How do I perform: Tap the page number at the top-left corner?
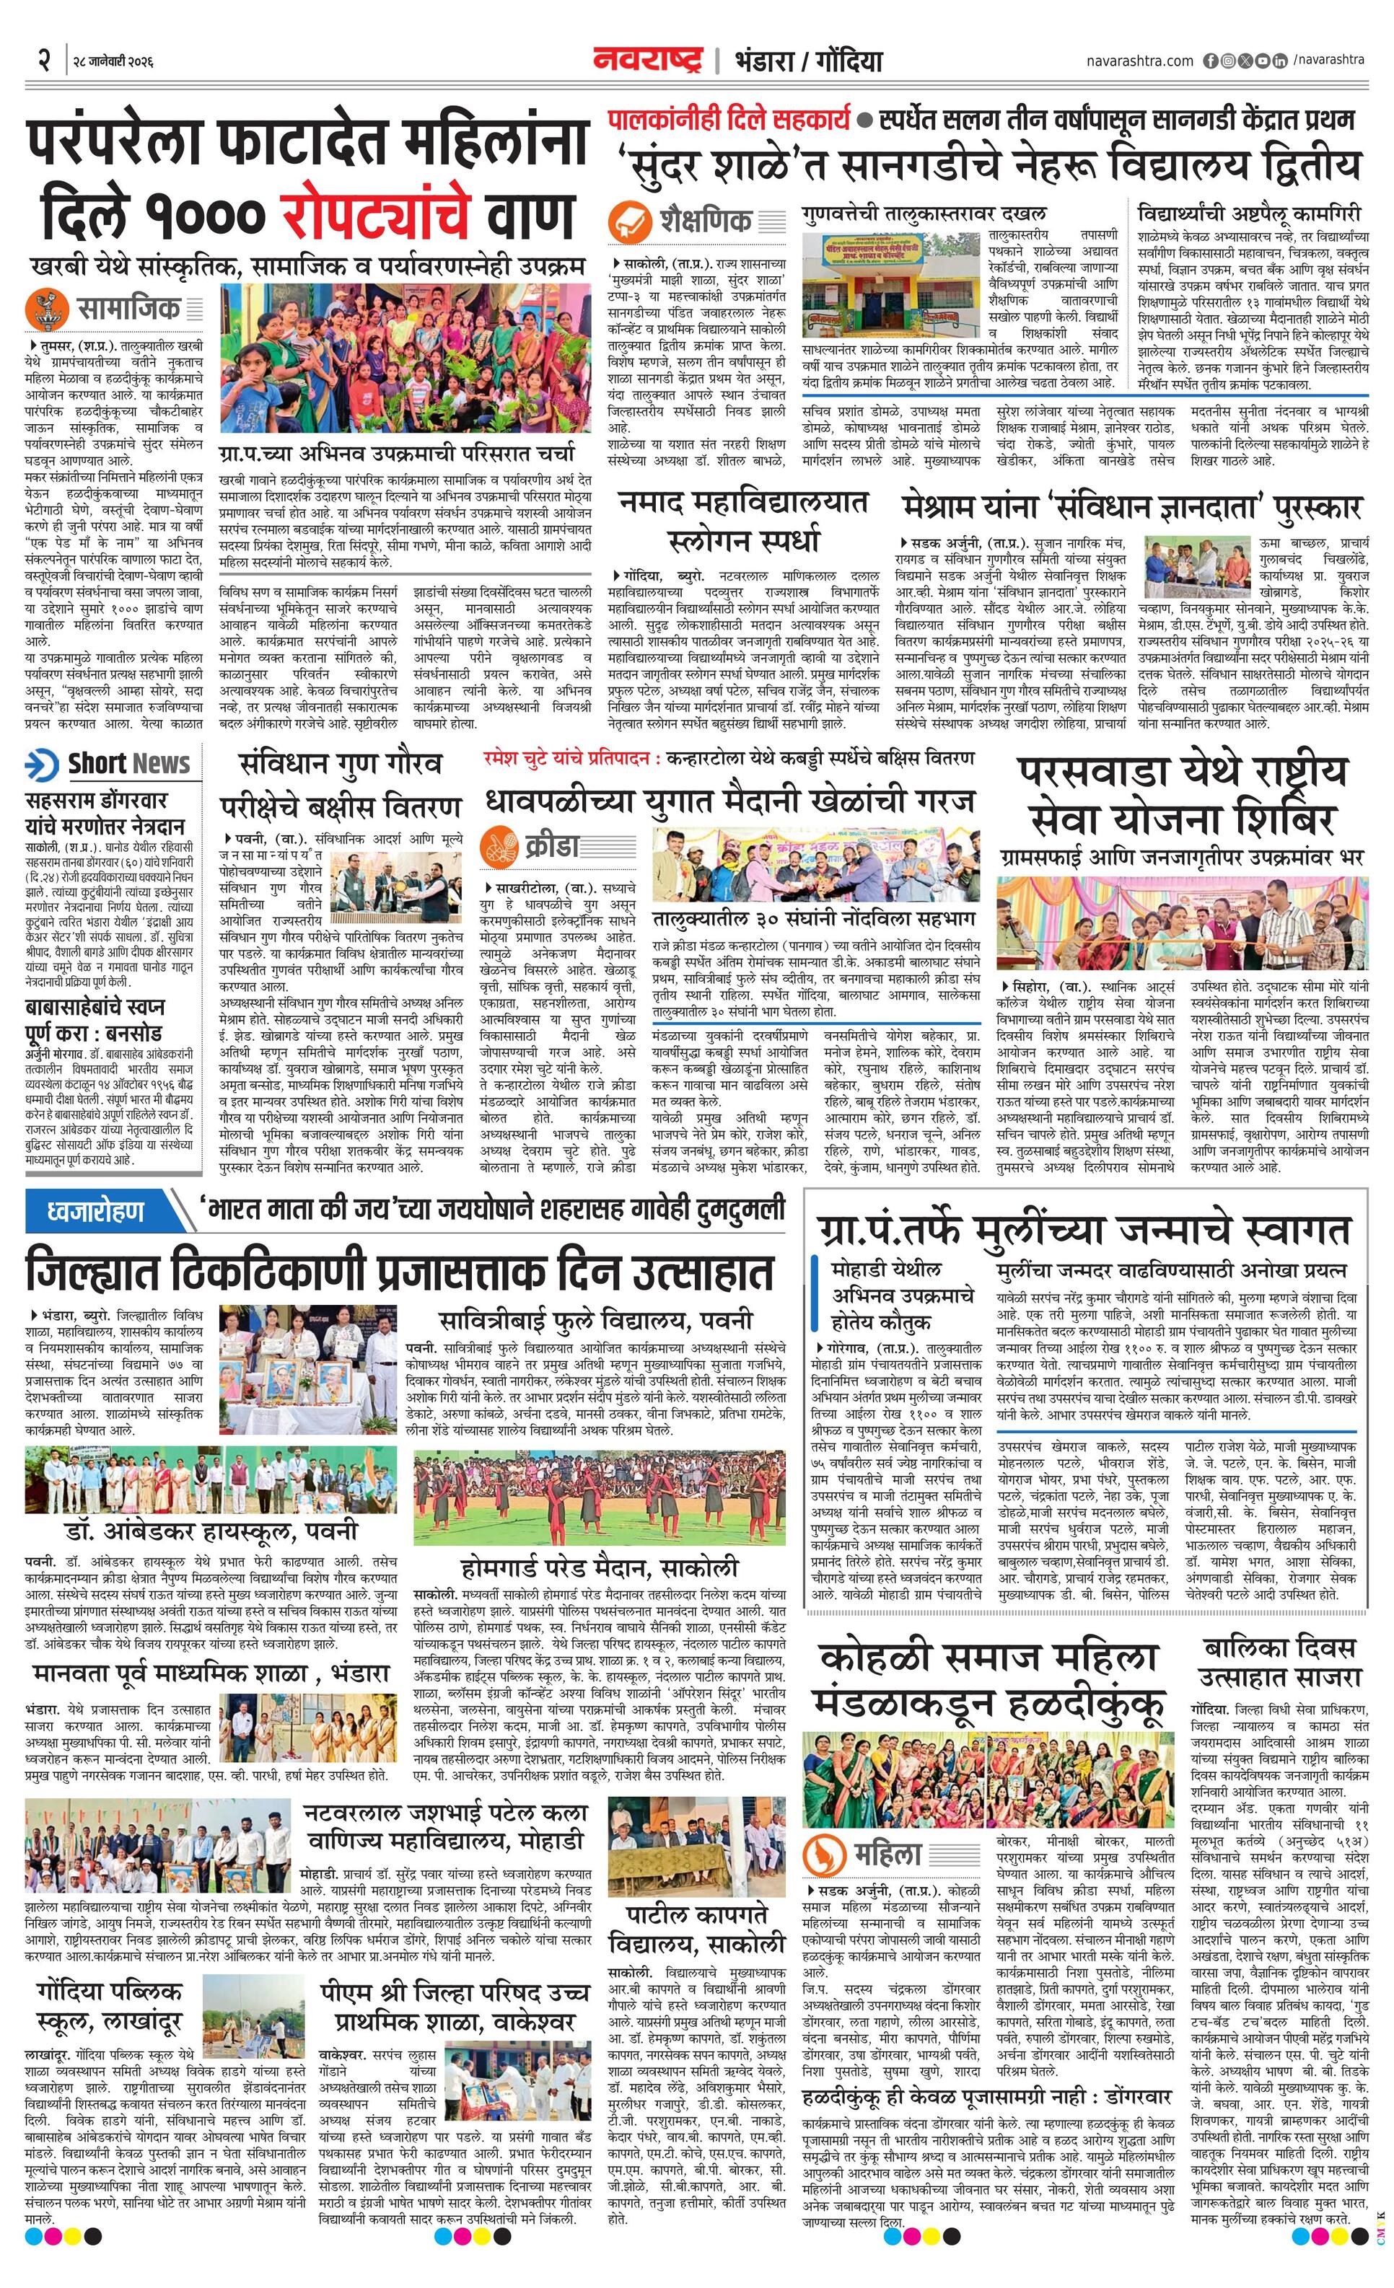pyautogui.click(x=43, y=61)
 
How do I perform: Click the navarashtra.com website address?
pyautogui.click(x=1139, y=61)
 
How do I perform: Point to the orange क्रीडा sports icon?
pyautogui.click(x=501, y=846)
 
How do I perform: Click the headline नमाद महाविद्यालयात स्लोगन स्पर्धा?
pyautogui.click(x=743, y=520)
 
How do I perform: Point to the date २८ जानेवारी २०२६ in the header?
pyautogui.click(x=113, y=61)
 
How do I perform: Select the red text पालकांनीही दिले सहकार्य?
pyautogui.click(x=729, y=119)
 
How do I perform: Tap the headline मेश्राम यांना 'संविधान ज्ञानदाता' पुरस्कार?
pyautogui.click(x=1132, y=507)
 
